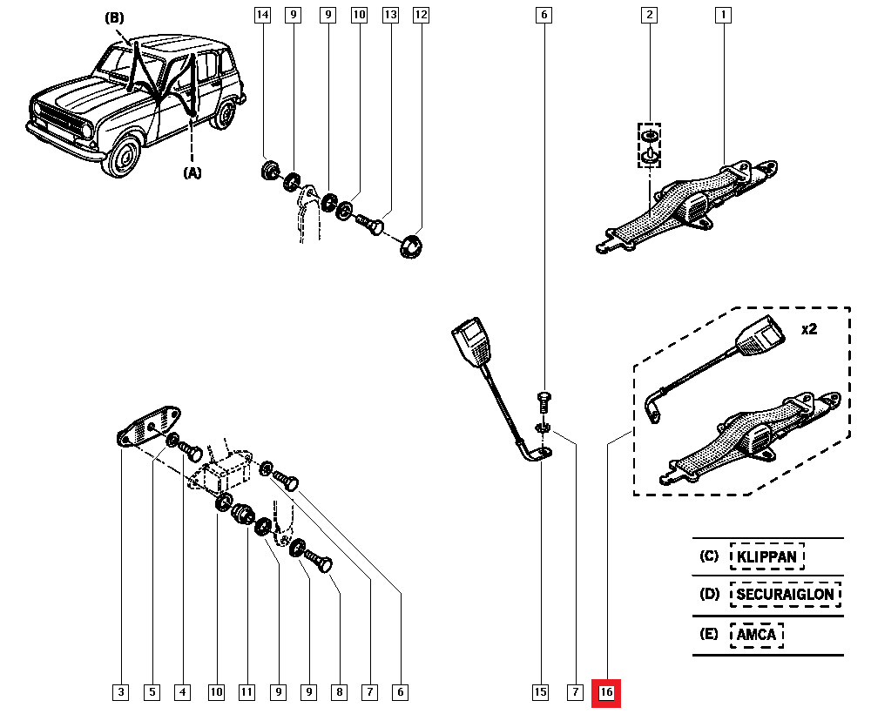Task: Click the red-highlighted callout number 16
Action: [606, 693]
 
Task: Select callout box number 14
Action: [263, 15]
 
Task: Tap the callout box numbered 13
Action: [390, 15]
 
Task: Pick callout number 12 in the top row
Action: [422, 15]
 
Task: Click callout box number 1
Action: [722, 15]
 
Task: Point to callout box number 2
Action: [649, 15]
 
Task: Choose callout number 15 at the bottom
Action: [540, 693]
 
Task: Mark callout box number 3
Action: [121, 693]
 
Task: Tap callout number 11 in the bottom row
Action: [246, 693]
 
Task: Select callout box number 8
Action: [339, 693]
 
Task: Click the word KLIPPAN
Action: [766, 556]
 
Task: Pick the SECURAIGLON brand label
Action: [786, 596]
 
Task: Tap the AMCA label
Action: [756, 635]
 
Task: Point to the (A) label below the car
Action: [192, 172]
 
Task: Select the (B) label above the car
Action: [115, 17]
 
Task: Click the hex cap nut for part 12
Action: [411, 246]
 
